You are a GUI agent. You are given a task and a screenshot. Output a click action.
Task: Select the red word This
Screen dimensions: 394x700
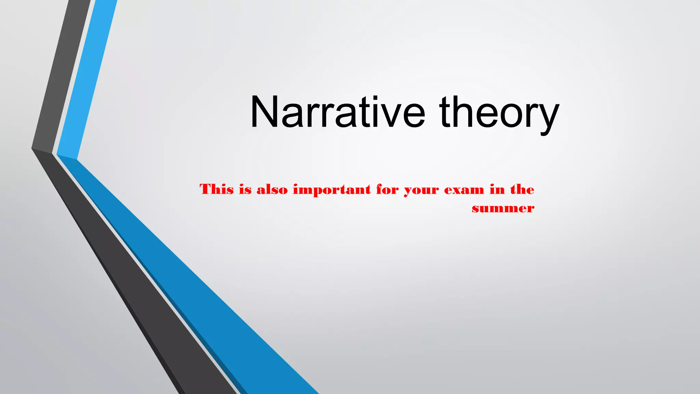click(217, 189)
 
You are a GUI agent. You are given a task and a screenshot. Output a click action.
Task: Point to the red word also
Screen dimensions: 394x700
click(272, 189)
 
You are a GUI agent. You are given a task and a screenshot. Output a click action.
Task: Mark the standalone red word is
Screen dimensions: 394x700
click(245, 189)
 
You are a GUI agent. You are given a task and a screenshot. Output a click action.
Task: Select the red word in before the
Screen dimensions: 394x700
click(497, 189)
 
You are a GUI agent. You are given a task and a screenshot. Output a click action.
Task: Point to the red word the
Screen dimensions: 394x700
click(522, 189)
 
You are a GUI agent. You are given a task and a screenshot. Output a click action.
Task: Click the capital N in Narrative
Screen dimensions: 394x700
click(263, 112)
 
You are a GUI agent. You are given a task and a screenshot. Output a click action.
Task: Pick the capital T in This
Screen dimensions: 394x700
click(206, 189)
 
